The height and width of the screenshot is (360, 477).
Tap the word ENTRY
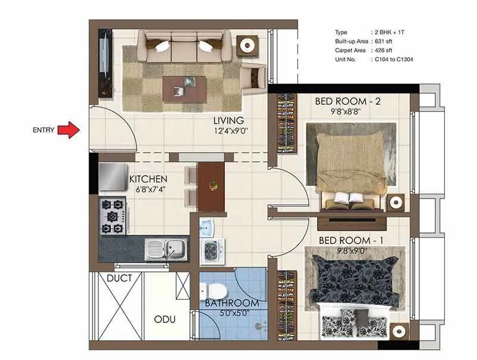(44, 129)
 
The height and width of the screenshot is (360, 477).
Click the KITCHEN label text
(148, 179)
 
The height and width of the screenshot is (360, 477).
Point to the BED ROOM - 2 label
(348, 101)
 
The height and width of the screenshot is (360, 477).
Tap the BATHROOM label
(232, 303)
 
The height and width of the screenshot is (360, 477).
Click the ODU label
(165, 319)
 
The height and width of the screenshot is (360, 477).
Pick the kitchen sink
(168, 247)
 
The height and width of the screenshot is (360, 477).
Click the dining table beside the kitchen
(211, 186)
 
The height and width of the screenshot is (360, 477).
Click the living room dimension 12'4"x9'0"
(231, 131)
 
